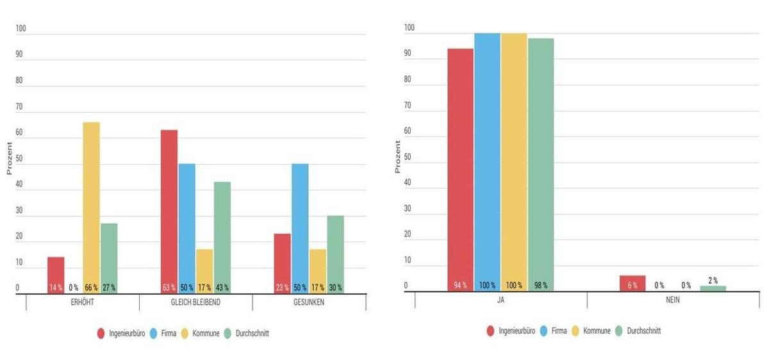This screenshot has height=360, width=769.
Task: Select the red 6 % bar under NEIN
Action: click(633, 282)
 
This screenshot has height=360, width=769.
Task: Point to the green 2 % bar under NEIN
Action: click(713, 288)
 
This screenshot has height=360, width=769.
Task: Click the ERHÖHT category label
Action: click(83, 302)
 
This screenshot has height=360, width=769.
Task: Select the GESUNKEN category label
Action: click(309, 302)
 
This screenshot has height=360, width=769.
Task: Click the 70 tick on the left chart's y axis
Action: click(19, 107)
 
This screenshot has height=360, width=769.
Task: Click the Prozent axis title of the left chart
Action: click(10, 159)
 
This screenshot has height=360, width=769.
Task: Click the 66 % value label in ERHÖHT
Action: click(91, 288)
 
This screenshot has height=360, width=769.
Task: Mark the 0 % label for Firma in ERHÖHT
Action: click(74, 288)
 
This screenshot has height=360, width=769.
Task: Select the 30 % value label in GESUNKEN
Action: click(335, 288)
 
